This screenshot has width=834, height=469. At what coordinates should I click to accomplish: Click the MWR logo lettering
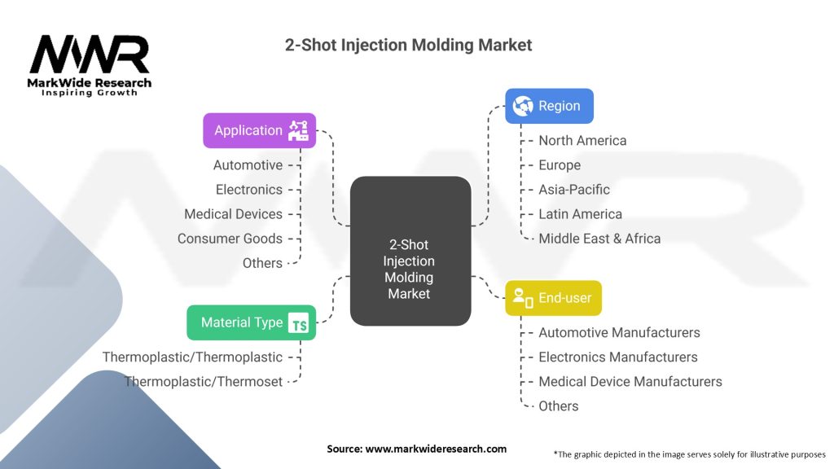pos(90,55)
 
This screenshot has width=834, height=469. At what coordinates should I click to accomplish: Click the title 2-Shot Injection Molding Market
pos(408,46)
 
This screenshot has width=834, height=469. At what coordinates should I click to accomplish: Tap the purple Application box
pos(260,130)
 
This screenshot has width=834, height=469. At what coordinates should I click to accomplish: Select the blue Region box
pos(549,106)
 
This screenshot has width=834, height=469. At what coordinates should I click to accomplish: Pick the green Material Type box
pos(251,322)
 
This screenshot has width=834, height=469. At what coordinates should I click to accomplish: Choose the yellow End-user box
pos(553,298)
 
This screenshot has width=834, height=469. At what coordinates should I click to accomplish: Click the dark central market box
pos(410,251)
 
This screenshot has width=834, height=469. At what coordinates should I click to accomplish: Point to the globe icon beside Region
pos(522,106)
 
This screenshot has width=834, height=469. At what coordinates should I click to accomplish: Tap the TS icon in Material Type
pos(298,322)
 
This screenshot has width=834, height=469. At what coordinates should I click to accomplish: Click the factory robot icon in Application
pos(298,130)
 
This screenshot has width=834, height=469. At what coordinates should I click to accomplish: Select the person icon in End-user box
pos(522,298)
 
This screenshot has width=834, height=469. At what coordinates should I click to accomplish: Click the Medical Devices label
pos(233,214)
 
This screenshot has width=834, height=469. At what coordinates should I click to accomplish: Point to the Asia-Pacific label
pos(574,189)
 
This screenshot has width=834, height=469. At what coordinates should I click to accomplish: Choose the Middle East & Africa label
pos(599,239)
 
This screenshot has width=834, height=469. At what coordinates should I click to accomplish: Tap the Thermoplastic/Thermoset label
pos(203,381)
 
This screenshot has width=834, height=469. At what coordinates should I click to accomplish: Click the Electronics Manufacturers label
pos(618,357)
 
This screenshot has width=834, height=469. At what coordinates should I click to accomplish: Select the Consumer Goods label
pos(230,239)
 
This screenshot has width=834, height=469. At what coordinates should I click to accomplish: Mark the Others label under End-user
pos(559,405)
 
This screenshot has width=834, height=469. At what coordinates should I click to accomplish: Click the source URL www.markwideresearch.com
pos(436,449)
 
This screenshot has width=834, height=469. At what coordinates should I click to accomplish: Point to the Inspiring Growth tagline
pos(90,93)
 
